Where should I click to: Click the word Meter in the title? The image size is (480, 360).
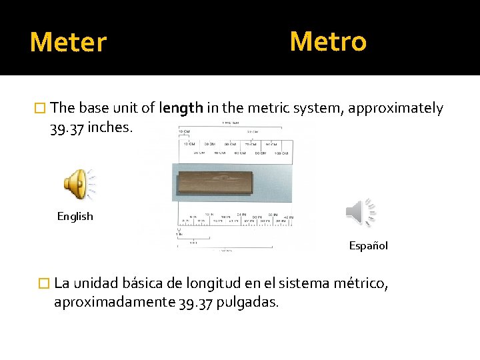click(68, 43)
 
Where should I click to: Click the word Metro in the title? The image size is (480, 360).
click(328, 41)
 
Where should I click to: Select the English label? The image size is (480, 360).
click(75, 216)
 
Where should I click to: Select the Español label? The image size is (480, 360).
click(368, 246)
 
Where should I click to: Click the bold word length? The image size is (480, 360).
click(181, 108)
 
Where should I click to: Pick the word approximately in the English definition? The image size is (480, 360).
click(402, 108)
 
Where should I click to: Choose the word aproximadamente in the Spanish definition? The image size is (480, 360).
click(115, 302)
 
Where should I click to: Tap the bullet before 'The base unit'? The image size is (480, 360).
click(41, 108)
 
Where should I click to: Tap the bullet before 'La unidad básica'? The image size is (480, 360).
click(45, 283)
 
